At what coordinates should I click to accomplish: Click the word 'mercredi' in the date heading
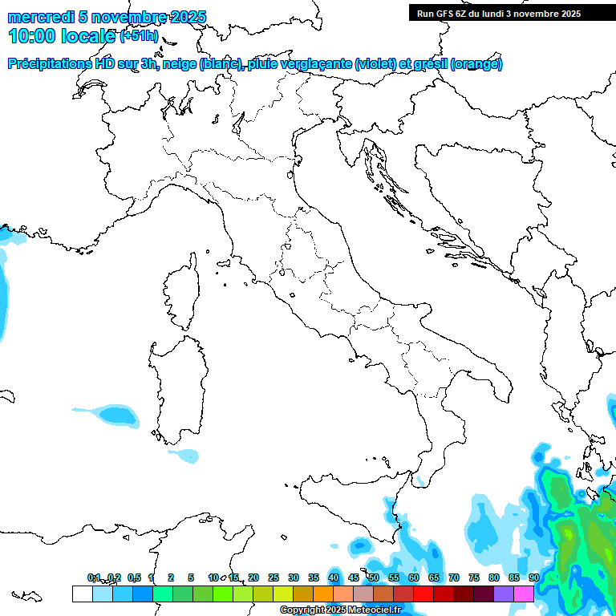click(x=40, y=17)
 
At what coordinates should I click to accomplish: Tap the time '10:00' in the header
click(x=31, y=36)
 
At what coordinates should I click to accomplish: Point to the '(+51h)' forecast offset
click(x=138, y=36)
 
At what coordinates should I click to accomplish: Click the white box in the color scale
click(x=82, y=594)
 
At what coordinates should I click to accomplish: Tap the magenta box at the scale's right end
click(x=524, y=594)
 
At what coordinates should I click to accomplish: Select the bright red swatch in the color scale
click(x=423, y=594)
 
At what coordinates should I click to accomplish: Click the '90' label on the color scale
click(x=533, y=577)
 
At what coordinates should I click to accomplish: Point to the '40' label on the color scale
click(x=333, y=577)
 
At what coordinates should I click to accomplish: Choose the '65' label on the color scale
click(x=433, y=577)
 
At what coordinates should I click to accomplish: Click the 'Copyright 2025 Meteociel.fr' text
click(x=340, y=610)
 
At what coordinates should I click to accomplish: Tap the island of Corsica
click(x=181, y=293)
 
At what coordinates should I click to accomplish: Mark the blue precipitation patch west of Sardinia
click(x=112, y=414)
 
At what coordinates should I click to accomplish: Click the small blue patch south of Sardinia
click(x=186, y=456)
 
